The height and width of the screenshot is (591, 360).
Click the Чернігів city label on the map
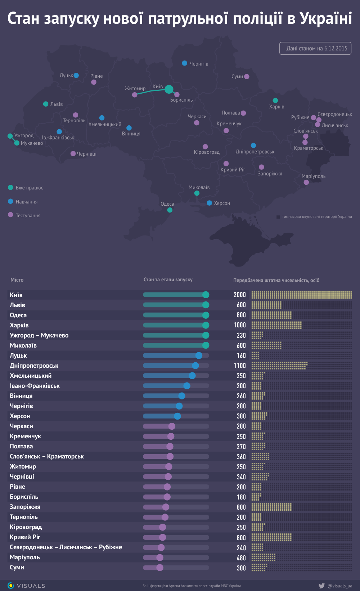[x=199, y=64]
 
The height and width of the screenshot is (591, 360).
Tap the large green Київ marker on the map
[x=169, y=89]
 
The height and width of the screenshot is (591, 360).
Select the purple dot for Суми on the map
[x=247, y=76]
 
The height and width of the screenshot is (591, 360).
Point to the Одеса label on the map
[x=167, y=204]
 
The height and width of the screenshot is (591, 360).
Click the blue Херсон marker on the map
[x=210, y=203]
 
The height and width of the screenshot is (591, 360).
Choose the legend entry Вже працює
[x=29, y=188]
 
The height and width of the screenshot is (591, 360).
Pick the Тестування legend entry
[x=28, y=215]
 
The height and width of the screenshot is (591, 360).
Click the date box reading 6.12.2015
[x=315, y=48]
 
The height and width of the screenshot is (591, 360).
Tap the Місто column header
[x=17, y=280]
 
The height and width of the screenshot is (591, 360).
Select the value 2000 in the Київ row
[x=240, y=295]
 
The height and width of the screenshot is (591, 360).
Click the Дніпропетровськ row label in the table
[x=34, y=366]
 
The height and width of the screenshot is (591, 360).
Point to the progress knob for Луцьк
[x=199, y=355]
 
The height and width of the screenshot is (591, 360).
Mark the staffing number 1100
[x=240, y=366]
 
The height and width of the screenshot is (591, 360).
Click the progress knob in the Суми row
[x=160, y=568]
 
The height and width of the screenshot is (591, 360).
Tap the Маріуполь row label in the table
[x=25, y=557]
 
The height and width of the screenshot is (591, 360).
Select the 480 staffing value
[x=241, y=558]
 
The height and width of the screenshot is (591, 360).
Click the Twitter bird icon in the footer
[x=321, y=586]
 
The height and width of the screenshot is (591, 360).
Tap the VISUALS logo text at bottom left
[x=31, y=586]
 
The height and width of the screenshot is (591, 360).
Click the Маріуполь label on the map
[x=314, y=176]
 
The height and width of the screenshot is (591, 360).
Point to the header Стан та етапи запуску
[x=168, y=279]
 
